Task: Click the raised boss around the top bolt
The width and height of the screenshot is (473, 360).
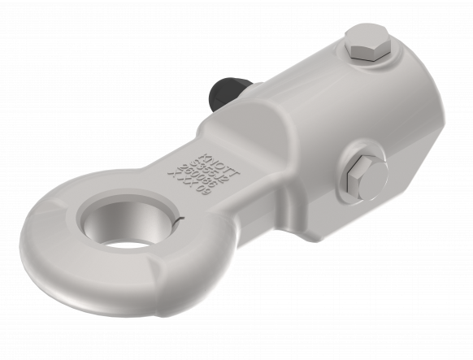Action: [374, 61]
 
